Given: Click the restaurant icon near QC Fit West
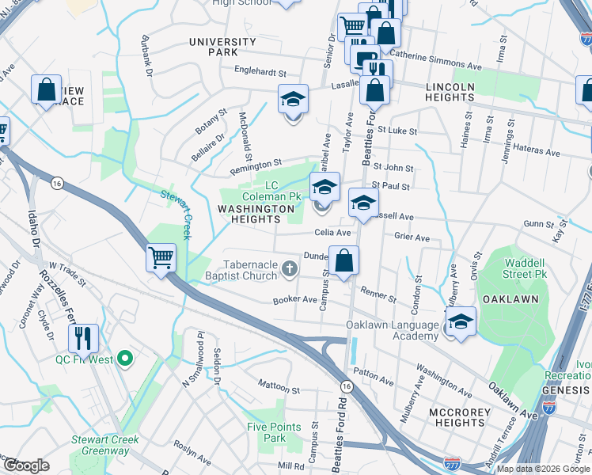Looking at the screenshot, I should click(x=83, y=338).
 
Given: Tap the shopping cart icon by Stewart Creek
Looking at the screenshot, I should click(x=161, y=257).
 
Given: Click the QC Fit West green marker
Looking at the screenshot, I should click(x=123, y=359).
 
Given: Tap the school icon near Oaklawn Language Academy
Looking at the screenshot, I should click(x=461, y=321).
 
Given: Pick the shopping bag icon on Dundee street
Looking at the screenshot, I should click(x=344, y=260).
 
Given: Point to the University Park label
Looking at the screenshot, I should click(x=222, y=47).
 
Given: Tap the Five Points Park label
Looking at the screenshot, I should click(x=274, y=432).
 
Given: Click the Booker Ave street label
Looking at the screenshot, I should click(x=294, y=300).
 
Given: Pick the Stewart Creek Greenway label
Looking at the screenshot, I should click(x=104, y=445).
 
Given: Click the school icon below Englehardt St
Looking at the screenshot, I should click(x=293, y=101).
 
